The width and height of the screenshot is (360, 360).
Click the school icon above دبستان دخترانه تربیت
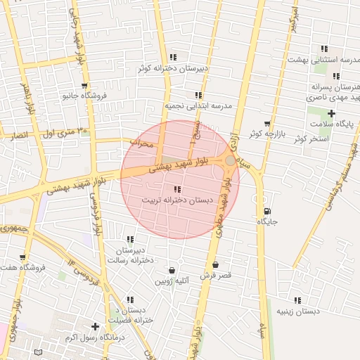176,190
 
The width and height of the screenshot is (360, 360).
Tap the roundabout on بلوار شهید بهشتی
230,161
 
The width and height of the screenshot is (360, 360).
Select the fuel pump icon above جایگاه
266,212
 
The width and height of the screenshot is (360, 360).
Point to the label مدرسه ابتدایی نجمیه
198,105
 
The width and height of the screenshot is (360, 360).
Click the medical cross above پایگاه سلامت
331,114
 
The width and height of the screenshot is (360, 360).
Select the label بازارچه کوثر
264,133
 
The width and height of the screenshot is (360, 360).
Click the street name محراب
141,143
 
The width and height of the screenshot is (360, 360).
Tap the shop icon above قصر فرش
214,265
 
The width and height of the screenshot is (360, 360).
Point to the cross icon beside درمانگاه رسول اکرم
96,327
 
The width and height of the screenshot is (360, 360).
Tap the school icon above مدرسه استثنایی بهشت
324,49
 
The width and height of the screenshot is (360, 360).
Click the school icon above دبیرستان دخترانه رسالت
130,240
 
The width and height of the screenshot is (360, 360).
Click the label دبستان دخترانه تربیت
176,200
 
